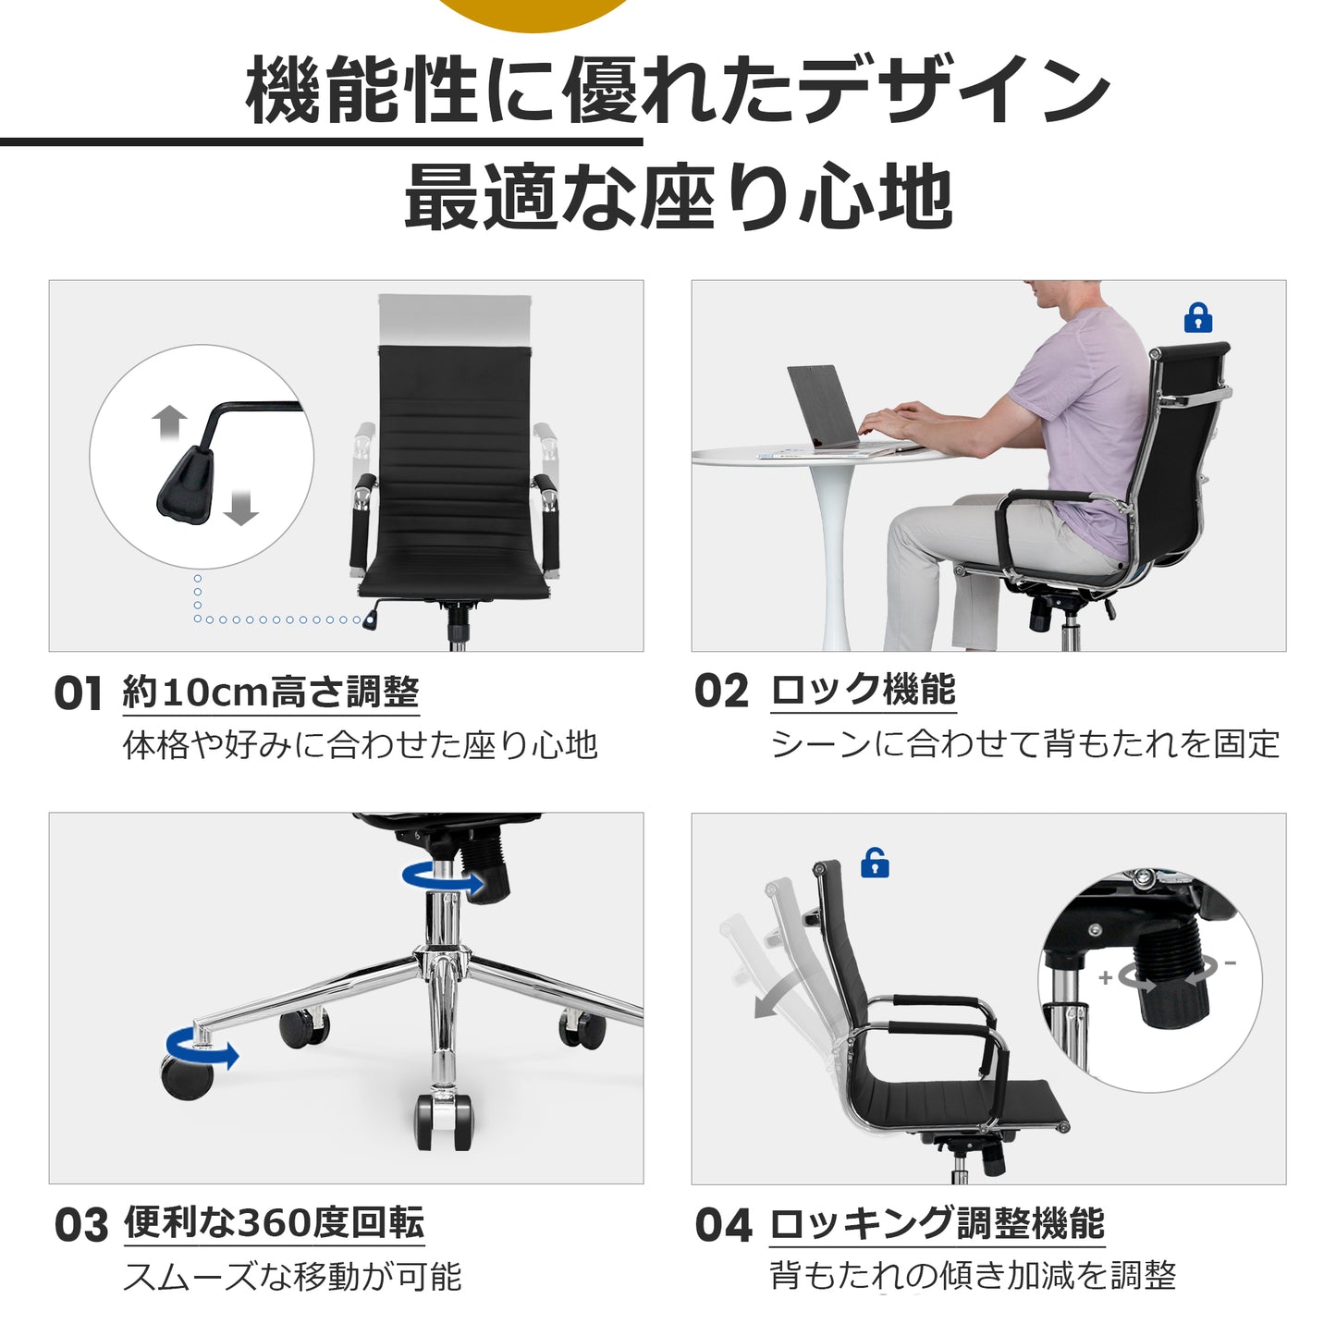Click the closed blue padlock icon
coord(1197,317)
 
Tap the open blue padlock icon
coord(875,863)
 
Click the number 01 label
coord(78,693)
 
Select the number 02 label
coord(721,692)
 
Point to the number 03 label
coord(81,1226)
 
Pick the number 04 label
coord(723,1226)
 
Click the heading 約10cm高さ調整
coord(271,692)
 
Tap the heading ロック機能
coord(864,690)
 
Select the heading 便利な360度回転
coord(274,1223)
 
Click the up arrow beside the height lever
coord(169,423)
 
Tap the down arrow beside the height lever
coord(241,508)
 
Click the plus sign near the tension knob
coord(1106,978)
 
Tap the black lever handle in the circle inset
coord(186,485)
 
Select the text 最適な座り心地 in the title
coord(678,197)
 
